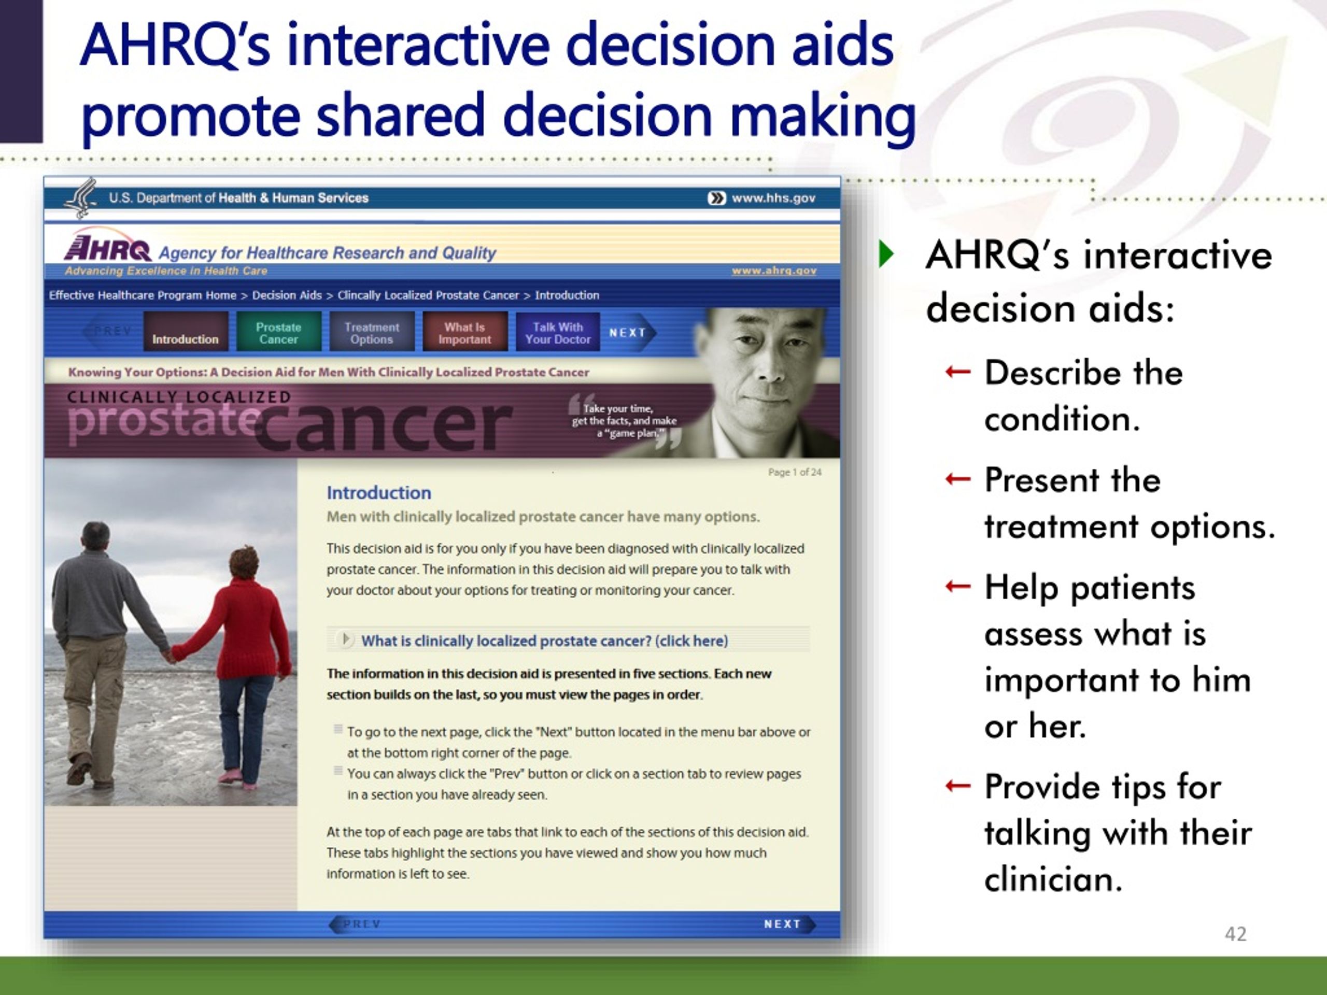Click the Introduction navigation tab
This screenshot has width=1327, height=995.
[186, 331]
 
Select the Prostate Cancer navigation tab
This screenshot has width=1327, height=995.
[278, 331]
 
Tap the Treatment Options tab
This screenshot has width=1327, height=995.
[371, 331]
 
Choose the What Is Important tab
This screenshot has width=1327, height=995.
[465, 331]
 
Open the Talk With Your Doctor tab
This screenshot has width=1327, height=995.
[558, 331]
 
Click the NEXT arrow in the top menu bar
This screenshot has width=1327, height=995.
[630, 332]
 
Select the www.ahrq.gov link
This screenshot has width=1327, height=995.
[774, 271]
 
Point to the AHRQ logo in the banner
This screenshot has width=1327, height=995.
[108, 246]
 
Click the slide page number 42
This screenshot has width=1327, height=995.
[1235, 934]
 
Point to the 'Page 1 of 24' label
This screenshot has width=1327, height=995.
[795, 472]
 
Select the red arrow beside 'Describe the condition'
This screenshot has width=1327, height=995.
[957, 373]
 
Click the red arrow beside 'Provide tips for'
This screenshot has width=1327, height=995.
[957, 786]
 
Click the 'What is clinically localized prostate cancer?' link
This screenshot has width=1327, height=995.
[544, 641]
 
